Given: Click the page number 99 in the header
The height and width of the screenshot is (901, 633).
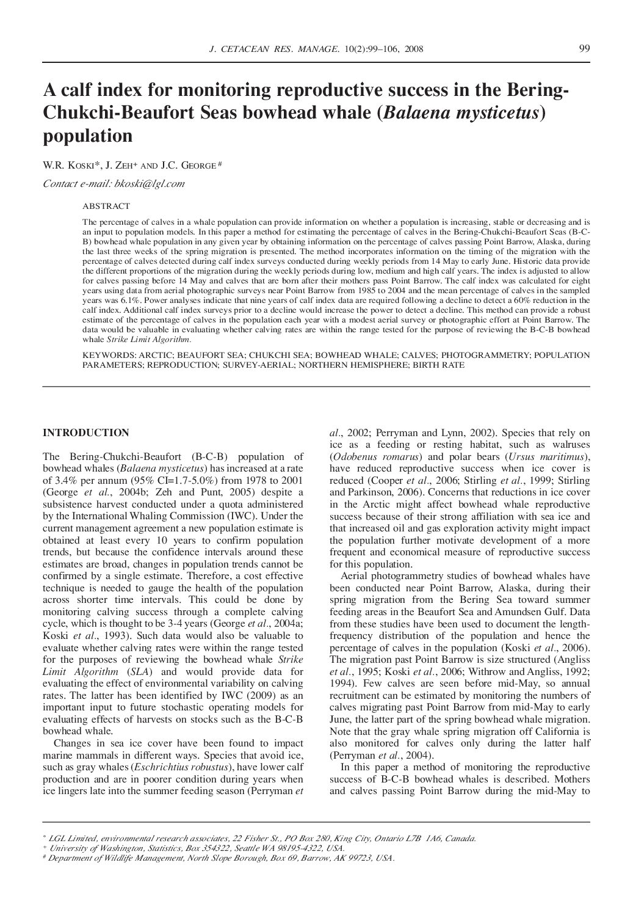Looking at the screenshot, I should point(584,49).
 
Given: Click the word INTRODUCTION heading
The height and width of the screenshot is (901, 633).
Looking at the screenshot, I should point(85,433).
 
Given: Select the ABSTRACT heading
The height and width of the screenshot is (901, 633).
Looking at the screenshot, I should point(106,206).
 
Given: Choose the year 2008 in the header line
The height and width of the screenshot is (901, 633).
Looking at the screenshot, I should point(413,49).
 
